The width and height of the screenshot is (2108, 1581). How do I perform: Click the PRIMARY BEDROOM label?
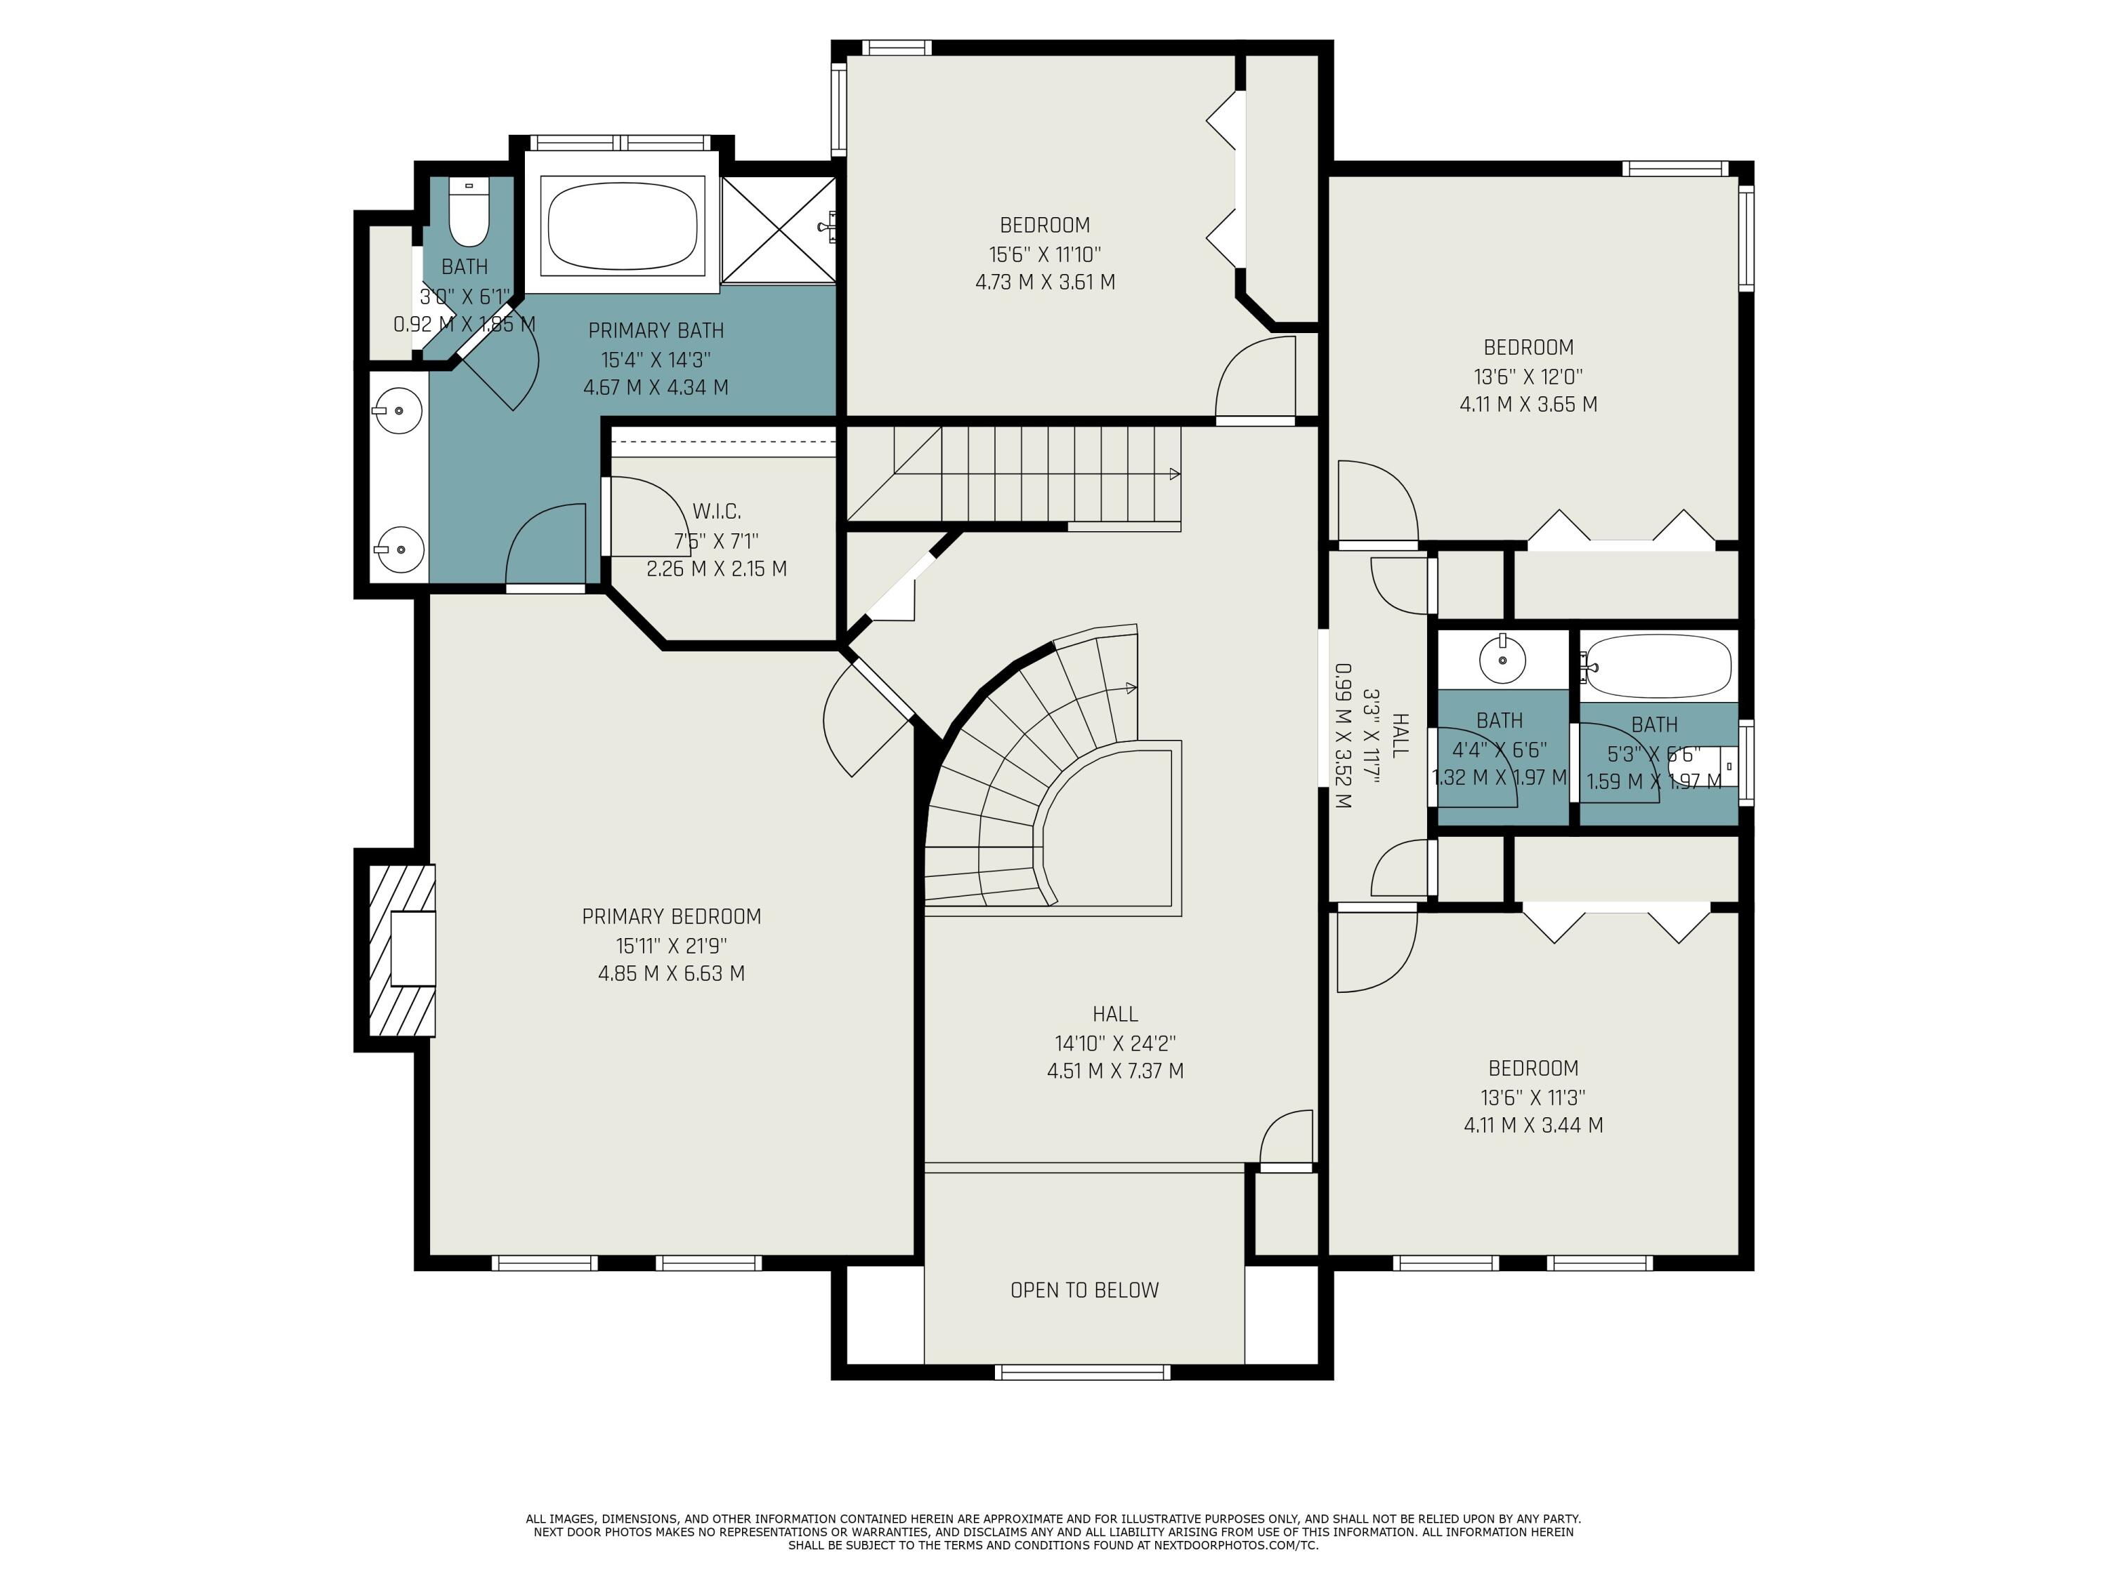(x=671, y=917)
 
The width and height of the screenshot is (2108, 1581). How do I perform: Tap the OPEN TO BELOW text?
(x=1084, y=1290)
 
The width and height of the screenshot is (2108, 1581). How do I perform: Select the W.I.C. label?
(x=717, y=512)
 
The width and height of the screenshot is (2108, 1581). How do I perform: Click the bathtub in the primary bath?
(x=623, y=226)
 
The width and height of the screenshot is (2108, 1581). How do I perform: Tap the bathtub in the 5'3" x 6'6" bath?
(x=1658, y=666)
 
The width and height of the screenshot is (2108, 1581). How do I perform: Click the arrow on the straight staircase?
(x=1174, y=474)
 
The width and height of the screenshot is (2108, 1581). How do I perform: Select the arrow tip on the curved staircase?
(x=1131, y=687)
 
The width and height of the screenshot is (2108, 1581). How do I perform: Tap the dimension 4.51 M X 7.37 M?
(x=1115, y=1071)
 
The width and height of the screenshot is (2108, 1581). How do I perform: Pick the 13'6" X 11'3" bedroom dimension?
(x=1533, y=1097)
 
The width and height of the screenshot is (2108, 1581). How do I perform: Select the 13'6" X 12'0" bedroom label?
(x=1528, y=348)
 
